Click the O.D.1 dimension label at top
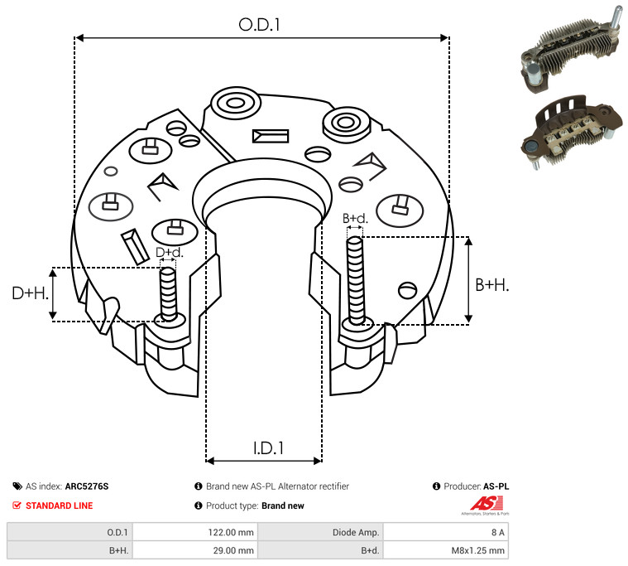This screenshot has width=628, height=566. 259,25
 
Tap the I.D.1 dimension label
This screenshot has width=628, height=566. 268,448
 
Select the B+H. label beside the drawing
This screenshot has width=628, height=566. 491,285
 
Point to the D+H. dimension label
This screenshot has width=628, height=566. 31,293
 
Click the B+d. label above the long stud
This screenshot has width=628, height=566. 355,219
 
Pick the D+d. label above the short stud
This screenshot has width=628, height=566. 170,252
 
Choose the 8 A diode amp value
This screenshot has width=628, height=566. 498,532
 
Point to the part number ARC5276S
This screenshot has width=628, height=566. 87,486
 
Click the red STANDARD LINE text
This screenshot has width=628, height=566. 60,506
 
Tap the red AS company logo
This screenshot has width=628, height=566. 487,504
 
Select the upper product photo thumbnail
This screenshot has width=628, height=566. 572,51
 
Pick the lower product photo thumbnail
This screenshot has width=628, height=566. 572,133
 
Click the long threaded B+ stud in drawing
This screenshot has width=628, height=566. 355,280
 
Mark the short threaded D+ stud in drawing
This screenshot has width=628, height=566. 168,293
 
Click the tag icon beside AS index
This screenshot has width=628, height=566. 17,486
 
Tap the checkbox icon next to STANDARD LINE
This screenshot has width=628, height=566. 17,505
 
